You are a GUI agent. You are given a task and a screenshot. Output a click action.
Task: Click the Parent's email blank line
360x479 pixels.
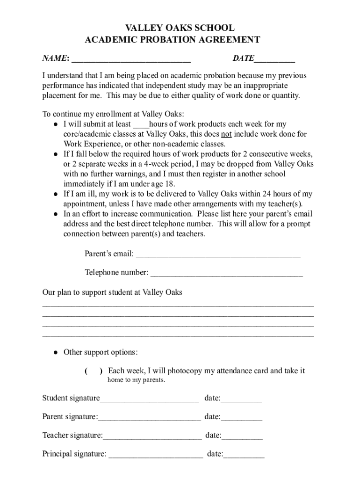click(218, 255)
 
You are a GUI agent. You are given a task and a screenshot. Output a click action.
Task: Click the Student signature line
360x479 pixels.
click(149, 399)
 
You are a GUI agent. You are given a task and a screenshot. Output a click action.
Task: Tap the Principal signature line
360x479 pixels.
click(156, 455)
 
